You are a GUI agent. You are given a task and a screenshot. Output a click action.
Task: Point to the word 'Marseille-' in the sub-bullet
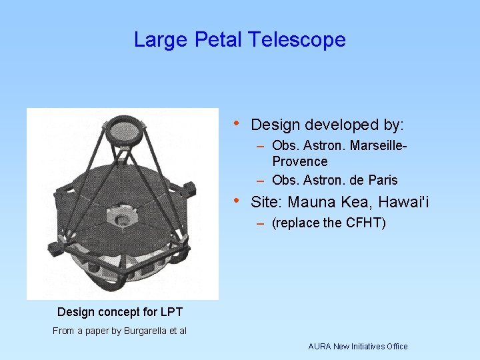(377, 145)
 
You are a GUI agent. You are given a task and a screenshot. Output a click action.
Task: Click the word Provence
(300, 161)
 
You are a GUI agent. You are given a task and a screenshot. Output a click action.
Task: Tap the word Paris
(381, 180)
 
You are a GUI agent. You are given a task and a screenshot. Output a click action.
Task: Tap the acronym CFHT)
(366, 223)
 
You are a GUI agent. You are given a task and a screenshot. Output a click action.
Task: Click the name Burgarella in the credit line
(147, 331)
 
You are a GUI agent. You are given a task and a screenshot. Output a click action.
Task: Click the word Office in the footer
(395, 346)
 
